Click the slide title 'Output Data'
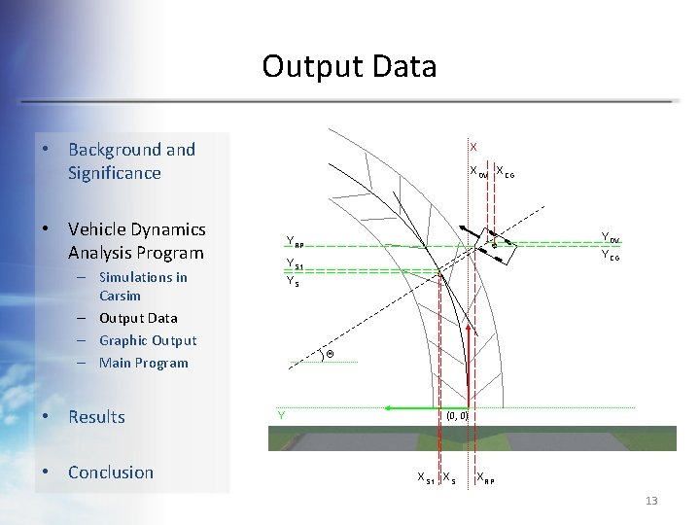[349, 66]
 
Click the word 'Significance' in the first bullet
[114, 173]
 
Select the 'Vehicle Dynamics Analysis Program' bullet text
[136, 241]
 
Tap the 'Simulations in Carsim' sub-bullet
[142, 286]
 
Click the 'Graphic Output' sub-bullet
[148, 340]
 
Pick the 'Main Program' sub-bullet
[143, 363]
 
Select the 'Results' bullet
[96, 417]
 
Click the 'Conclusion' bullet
[110, 472]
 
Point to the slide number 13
[650, 501]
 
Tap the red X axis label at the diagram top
[473, 147]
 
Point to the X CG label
[505, 172]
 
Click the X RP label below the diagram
[484, 477]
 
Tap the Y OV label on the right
[611, 237]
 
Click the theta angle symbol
[330, 354]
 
